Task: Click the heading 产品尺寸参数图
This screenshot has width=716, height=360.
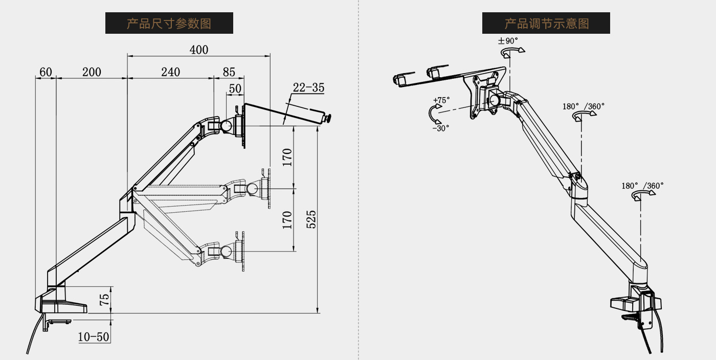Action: pyautogui.click(x=169, y=24)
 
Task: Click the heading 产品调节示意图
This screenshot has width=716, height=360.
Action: pyautogui.click(x=546, y=24)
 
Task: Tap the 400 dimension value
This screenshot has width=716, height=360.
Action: pyautogui.click(x=199, y=50)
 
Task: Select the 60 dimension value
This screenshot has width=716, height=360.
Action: pyautogui.click(x=46, y=72)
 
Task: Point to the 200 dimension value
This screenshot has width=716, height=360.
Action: pyautogui.click(x=92, y=72)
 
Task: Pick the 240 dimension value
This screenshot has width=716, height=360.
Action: pyautogui.click(x=170, y=72)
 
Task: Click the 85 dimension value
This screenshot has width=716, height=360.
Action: pyautogui.click(x=229, y=72)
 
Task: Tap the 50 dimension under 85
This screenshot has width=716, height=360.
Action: pyautogui.click(x=235, y=88)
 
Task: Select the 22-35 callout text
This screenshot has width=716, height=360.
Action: pyautogui.click(x=308, y=87)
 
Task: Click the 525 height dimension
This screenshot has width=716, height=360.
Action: pyautogui.click(x=311, y=218)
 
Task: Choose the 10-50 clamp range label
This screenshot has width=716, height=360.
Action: pyautogui.click(x=94, y=337)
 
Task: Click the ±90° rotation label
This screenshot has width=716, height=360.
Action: pyautogui.click(x=508, y=40)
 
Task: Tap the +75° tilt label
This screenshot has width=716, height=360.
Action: pyautogui.click(x=441, y=100)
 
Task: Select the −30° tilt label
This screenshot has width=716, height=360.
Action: pyautogui.click(x=440, y=128)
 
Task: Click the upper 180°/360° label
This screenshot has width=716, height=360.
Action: pyautogui.click(x=584, y=106)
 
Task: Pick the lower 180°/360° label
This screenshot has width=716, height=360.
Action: pyautogui.click(x=642, y=186)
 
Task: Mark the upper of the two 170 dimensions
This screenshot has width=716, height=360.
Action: pyautogui.click(x=287, y=157)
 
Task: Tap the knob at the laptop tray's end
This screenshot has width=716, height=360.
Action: pyautogui.click(x=328, y=119)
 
